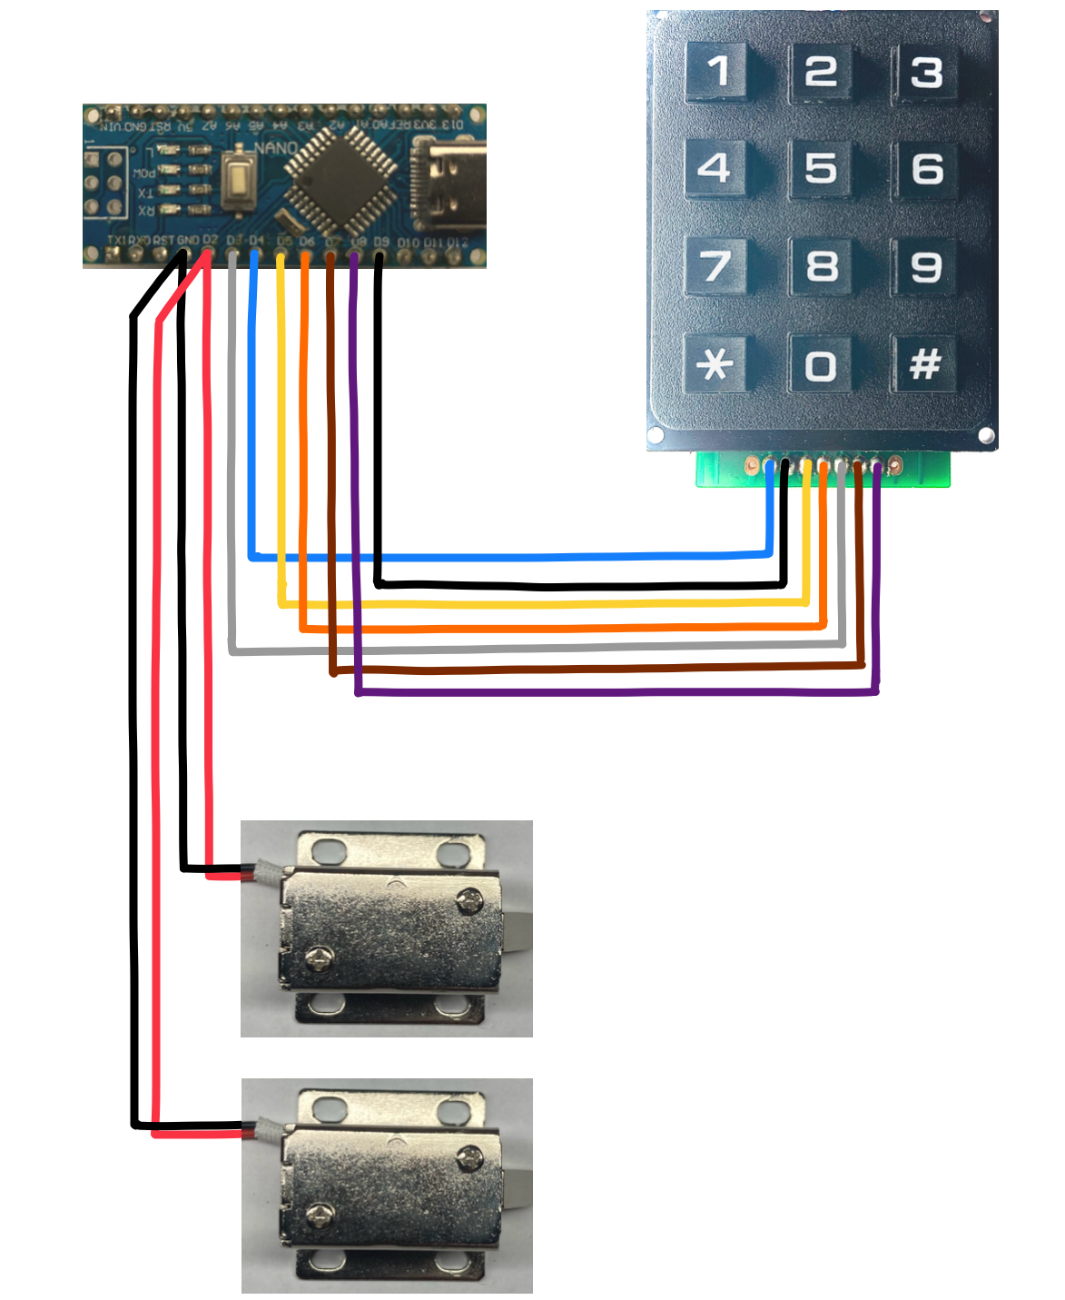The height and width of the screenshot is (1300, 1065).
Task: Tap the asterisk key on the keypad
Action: pos(715,364)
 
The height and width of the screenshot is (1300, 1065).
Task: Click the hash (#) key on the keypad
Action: pos(925,364)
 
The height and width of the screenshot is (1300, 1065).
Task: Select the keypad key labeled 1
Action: pos(717,71)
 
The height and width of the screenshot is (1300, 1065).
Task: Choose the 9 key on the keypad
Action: pos(925,266)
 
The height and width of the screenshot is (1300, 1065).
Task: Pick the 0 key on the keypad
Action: pos(821,365)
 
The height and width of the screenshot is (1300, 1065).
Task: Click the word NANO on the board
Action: pos(276,148)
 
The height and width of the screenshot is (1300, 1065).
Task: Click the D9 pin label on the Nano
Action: pos(381,243)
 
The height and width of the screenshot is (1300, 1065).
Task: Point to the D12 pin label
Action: pos(457,243)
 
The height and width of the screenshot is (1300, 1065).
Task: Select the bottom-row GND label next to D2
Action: pos(188,241)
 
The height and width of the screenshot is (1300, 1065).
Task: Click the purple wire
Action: pos(617,693)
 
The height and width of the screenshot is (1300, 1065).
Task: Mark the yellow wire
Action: pos(545,603)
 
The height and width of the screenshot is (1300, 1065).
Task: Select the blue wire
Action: pos(508,555)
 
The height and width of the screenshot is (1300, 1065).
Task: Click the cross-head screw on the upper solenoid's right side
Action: pos(468,899)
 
